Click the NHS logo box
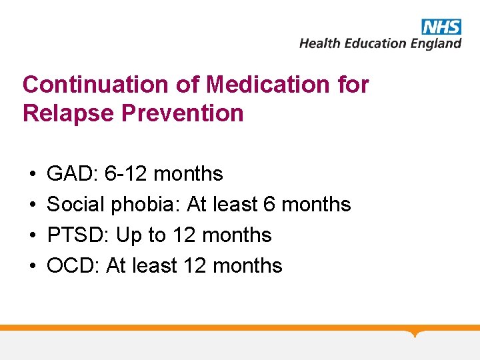441,27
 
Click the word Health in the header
318,43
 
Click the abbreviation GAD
72,174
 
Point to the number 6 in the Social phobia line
269,204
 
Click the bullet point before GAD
33,175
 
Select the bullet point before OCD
33,266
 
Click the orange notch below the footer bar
415,333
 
